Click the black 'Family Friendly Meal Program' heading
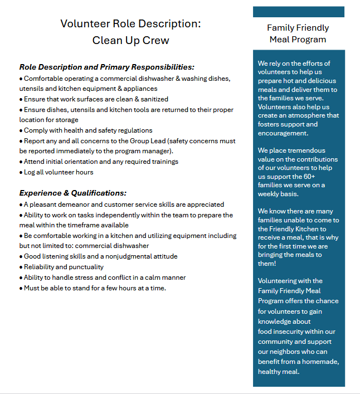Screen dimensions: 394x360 pos(298,33)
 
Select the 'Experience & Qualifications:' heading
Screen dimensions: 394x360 pos(72,193)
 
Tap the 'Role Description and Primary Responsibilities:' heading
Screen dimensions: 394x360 pos(106,67)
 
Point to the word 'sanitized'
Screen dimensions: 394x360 pos(151,99)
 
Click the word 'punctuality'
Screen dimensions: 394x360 pos(84,267)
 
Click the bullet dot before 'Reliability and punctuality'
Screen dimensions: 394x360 pos(21,267)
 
